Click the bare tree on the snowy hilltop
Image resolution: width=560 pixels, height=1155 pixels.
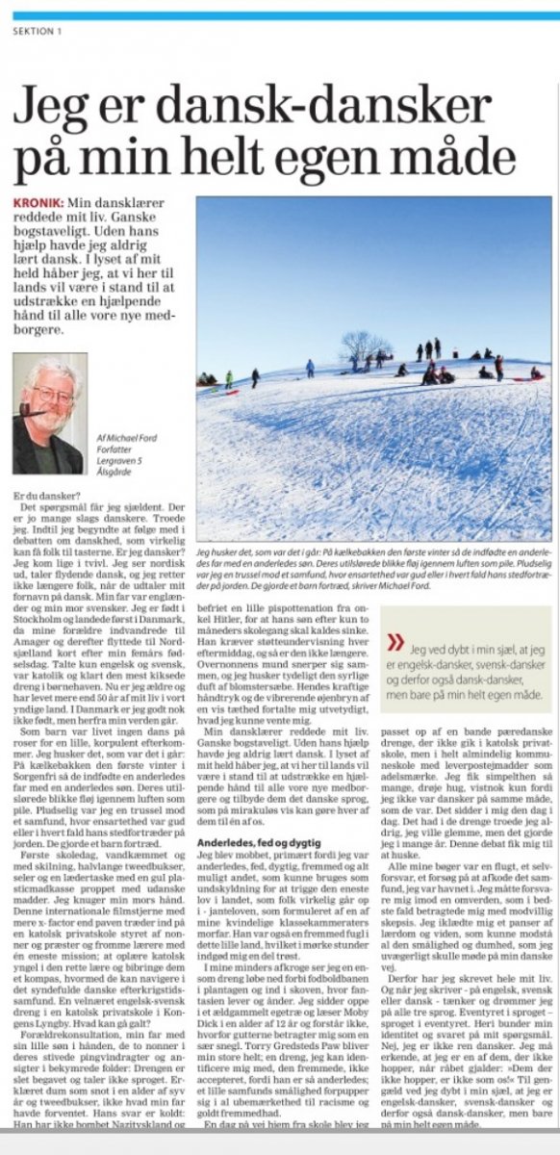coord(363,344)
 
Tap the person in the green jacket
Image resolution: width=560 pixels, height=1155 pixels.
coord(229,378)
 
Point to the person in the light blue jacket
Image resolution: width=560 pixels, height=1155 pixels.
coord(310,368)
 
